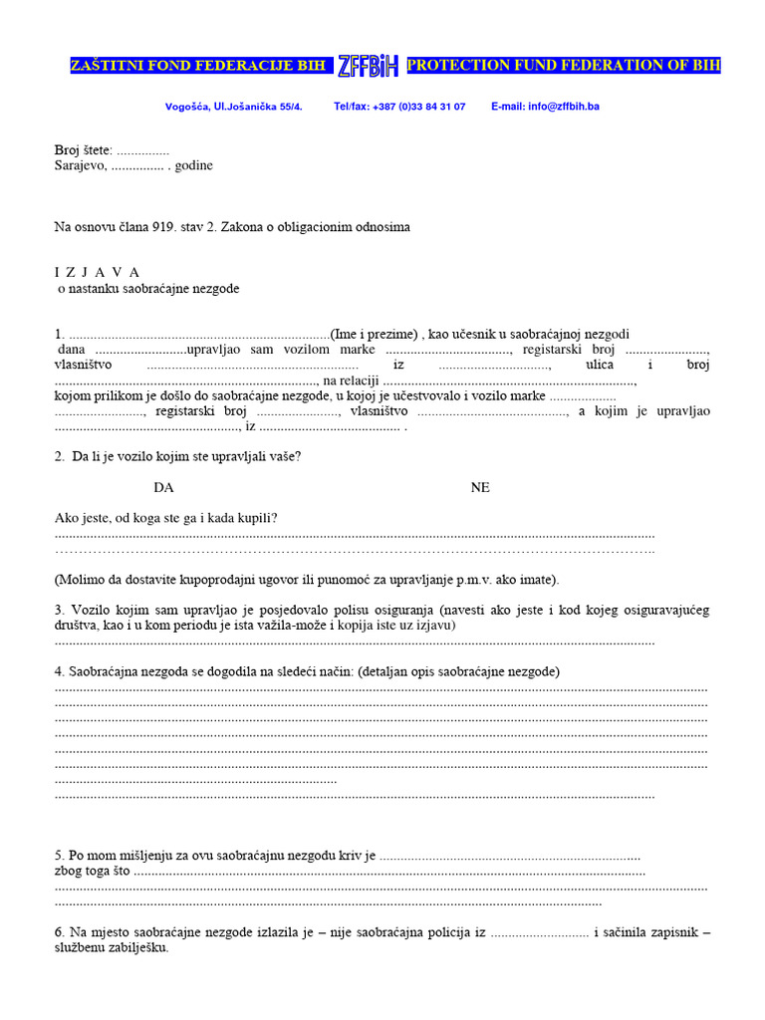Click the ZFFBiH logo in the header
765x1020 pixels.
(x=368, y=67)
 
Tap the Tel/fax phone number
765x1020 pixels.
(x=399, y=106)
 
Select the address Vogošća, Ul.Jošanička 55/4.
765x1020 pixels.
(x=233, y=106)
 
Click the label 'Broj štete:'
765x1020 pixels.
(x=84, y=149)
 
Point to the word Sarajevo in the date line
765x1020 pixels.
(x=80, y=165)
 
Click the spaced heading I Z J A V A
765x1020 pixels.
(x=97, y=272)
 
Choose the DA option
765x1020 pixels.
(x=163, y=488)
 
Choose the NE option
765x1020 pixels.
(x=480, y=488)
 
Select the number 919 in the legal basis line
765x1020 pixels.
(x=164, y=227)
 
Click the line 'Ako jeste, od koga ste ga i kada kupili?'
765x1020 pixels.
(x=165, y=518)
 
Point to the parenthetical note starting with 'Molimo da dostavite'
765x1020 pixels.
(x=307, y=579)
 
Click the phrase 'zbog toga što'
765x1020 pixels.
(x=92, y=871)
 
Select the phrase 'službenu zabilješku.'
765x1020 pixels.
(x=112, y=948)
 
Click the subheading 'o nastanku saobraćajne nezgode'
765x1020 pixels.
(x=147, y=289)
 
